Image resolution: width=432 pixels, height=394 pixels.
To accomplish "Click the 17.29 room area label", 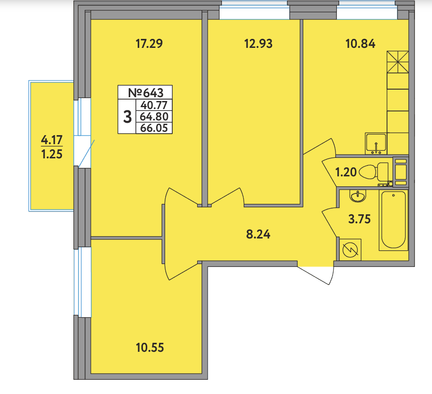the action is (149, 44).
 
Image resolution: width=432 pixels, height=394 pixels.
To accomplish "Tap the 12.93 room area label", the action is (258, 44).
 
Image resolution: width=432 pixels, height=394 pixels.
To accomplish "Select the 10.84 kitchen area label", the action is (360, 44).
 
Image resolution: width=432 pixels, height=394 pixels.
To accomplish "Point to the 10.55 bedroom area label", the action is (150, 348).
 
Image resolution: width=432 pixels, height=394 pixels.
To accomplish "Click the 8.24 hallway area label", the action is (258, 234).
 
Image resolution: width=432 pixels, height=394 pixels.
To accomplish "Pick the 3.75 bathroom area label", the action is (359, 219).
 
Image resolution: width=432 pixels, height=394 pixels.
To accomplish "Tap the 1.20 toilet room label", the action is (346, 172).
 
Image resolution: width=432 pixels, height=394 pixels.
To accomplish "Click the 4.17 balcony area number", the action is (52, 140).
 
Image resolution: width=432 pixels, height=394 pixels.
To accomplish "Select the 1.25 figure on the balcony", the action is (52, 154).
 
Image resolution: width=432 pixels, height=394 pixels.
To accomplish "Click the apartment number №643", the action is (145, 93).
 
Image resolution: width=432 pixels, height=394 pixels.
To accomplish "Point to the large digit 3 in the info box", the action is (127, 117).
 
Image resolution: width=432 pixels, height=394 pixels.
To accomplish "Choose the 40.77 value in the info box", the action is (154, 105).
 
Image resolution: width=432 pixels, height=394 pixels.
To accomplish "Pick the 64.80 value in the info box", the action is (154, 117).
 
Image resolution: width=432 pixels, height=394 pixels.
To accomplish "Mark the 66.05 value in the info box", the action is (154, 128).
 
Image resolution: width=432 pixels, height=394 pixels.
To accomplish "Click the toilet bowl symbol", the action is (373, 172).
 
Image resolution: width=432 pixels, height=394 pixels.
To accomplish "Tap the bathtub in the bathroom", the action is (393, 220).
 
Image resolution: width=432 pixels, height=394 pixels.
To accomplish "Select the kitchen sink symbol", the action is (376, 143).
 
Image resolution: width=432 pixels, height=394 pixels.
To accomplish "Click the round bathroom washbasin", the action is (358, 196).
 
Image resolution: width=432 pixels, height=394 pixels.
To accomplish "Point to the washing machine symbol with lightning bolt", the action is (350, 249).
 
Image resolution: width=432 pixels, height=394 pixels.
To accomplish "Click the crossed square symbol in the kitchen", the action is (397, 62).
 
